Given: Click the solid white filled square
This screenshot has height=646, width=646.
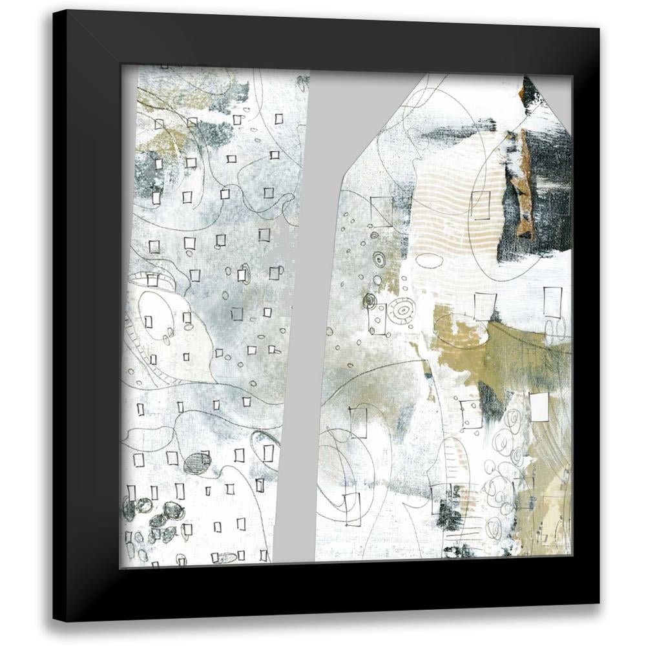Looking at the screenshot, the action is coord(539,407).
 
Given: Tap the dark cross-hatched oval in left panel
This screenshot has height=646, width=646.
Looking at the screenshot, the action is coord(197,463).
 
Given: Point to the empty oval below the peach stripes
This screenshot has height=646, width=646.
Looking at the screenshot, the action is coord(429,260).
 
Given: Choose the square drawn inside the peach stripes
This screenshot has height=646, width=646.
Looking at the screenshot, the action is coord(480,204).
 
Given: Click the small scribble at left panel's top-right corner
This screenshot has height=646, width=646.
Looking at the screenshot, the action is coord(302,83).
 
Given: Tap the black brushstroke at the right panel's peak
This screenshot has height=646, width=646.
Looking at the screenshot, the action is coord(531,94).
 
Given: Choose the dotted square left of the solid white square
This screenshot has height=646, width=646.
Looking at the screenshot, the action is coord(470,414).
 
